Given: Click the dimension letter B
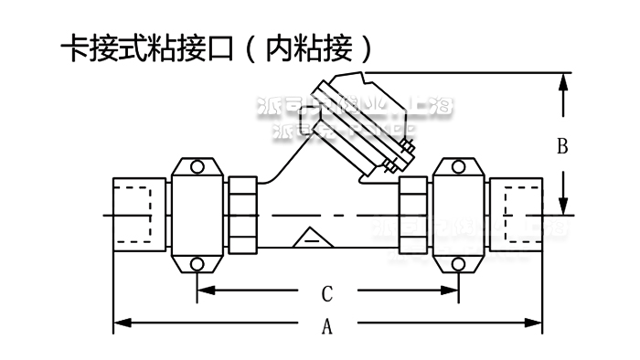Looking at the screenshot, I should coord(563,145).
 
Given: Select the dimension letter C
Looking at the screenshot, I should coord(326,294).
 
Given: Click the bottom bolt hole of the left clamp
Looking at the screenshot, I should coord(197,265).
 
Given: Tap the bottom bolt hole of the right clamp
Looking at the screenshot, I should coord(456,265).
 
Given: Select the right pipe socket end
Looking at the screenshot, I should coord(516,216).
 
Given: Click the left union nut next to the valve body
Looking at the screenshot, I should coord(244,216).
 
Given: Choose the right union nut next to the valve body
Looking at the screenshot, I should coord(412,216).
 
